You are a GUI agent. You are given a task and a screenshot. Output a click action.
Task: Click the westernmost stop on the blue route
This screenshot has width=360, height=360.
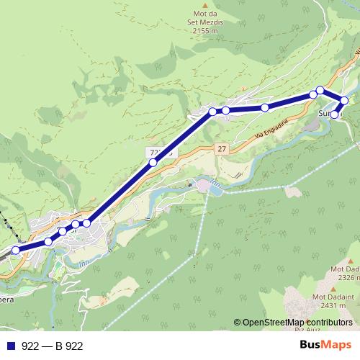tap(15, 250)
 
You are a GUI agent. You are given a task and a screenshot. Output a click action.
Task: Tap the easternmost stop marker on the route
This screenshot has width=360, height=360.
tap(345, 100)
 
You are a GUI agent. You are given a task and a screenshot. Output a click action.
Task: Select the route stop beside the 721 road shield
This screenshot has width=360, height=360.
tap(153, 163)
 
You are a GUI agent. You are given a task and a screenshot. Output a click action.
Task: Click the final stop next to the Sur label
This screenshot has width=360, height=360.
tap(334, 114)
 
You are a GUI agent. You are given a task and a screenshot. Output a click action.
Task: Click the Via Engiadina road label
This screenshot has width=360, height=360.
tap(268, 132)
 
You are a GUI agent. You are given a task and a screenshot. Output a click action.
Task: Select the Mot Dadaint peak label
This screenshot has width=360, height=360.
tap(333, 297)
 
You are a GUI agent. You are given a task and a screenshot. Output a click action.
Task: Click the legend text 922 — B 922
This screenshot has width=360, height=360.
tap(52, 346)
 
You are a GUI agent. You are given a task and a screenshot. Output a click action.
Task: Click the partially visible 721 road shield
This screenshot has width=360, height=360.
tap(160, 153)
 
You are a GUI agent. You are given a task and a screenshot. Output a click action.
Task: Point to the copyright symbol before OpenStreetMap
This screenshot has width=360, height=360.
tap(238, 322)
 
